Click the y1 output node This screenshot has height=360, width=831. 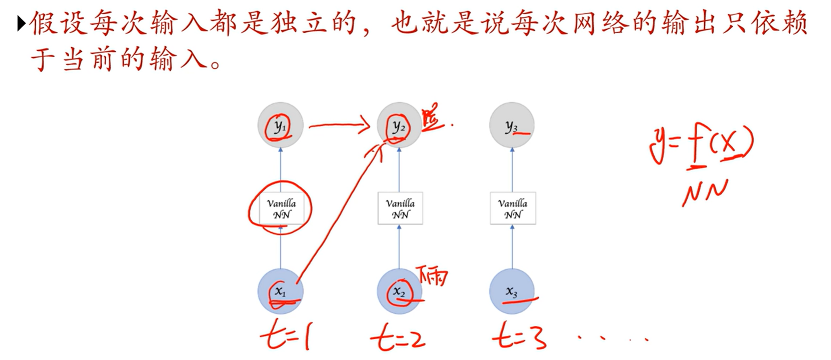tap(280, 125)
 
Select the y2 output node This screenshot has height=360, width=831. tap(399, 125)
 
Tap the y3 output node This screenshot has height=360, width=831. tap(512, 125)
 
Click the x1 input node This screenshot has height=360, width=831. tap(280, 291)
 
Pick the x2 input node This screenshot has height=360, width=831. tap(399, 291)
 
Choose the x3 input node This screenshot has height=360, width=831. tap(512, 291)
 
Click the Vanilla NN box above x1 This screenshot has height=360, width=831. tap(281, 208)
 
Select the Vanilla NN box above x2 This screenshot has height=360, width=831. tap(400, 208)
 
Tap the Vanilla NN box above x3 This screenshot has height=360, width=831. tap(513, 208)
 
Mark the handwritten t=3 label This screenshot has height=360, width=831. tap(519, 336)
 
